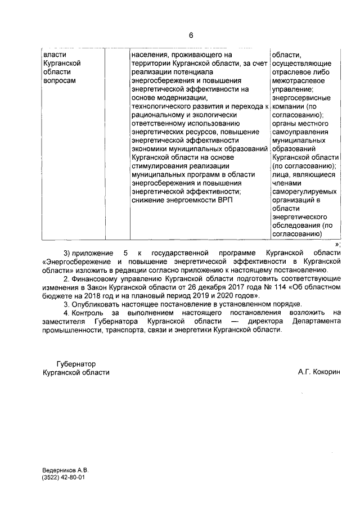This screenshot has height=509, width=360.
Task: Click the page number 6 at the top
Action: pos(190,35)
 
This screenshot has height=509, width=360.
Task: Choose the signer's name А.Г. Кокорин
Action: pos(319,372)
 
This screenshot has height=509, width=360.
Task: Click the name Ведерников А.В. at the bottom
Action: pos(65,470)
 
